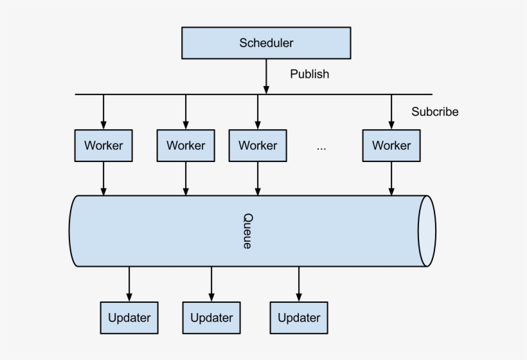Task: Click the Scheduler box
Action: pos(266,44)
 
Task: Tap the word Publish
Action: pos(309,74)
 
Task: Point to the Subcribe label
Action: pos(435,112)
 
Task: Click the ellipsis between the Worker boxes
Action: pos(321,147)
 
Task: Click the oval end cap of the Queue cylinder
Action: pos(426,231)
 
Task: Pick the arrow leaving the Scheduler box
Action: pos(266,76)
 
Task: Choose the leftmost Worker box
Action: pos(103,145)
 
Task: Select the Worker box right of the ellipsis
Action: pos(391,145)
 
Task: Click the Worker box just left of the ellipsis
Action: pos(258,145)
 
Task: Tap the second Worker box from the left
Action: pos(186,145)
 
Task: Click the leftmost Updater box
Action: pos(129,318)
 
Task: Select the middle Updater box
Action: pos(211,318)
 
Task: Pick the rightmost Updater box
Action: pos(299,318)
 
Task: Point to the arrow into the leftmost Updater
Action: pos(129,283)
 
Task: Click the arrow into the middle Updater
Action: pos(211,283)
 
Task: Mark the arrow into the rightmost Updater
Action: pos(299,283)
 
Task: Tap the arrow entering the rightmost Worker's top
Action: pos(391,112)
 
